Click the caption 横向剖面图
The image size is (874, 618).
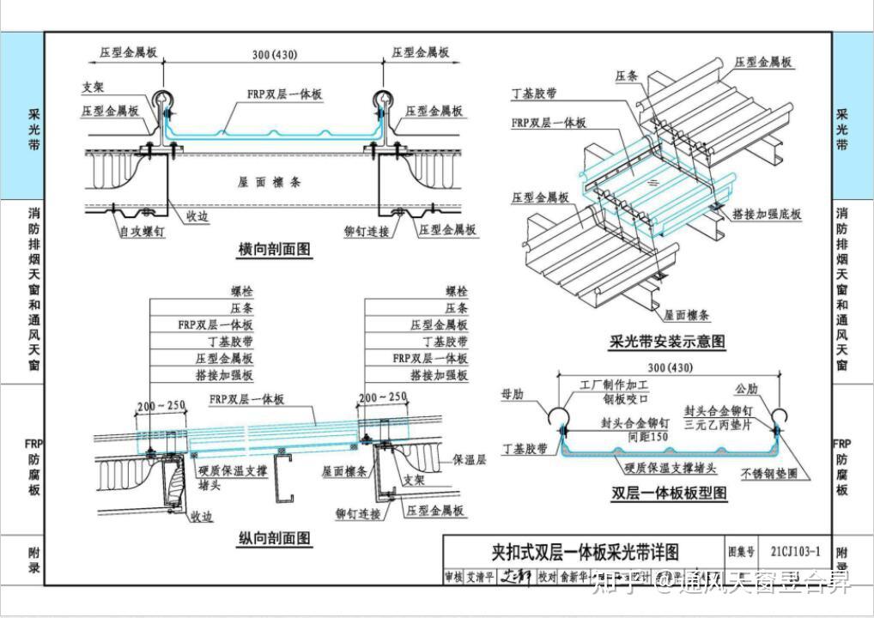pos(275,250)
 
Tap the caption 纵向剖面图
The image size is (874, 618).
pos(275,538)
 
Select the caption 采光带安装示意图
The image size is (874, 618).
pos(667,342)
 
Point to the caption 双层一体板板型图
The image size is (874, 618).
pos(669,493)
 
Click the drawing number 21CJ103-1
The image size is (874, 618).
pos(795,552)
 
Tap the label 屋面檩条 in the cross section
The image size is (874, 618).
pos(270,182)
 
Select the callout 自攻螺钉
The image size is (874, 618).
pos(141,232)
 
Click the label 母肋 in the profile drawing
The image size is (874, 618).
pos(512,394)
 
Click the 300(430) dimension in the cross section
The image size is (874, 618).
pos(274,55)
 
